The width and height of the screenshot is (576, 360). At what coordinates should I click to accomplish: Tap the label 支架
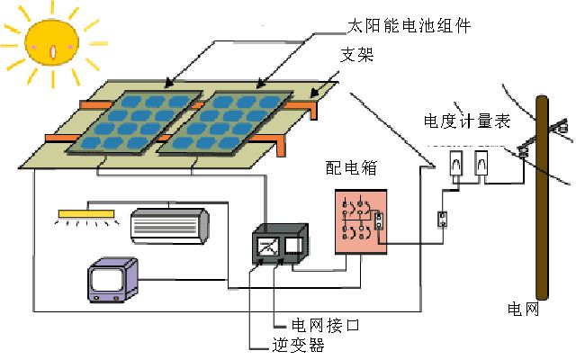[x=351, y=57]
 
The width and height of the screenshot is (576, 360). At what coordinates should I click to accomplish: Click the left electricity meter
[x=455, y=164]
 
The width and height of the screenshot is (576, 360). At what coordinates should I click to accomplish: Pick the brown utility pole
[x=542, y=198]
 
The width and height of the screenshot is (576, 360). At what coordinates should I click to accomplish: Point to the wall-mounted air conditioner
[x=169, y=225]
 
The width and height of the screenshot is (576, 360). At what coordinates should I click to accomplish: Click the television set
[x=112, y=280]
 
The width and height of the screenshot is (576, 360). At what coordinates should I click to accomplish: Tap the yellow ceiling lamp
[x=87, y=214]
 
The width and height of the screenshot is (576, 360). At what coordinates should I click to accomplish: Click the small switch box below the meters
[x=442, y=219]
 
